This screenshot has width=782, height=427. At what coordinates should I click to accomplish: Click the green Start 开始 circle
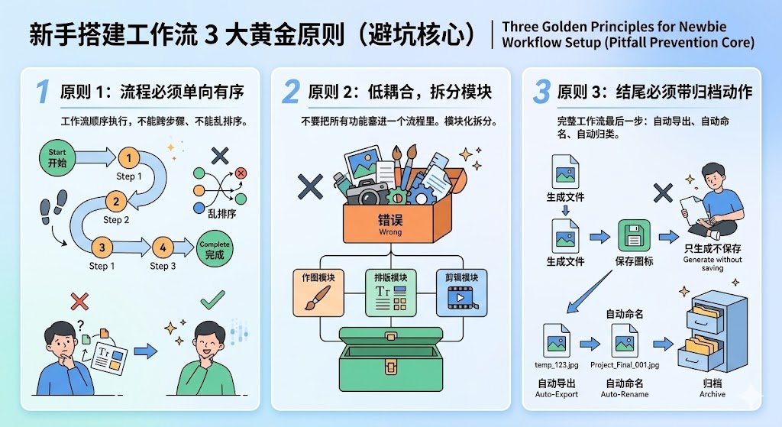[x=57, y=158]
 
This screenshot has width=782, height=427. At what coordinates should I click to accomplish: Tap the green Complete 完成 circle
[x=215, y=249]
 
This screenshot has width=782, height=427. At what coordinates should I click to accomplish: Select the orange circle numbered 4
[x=163, y=247]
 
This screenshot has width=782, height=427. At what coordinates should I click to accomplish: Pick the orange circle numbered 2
[x=116, y=202]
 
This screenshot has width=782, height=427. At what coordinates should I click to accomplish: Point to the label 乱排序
[x=221, y=214]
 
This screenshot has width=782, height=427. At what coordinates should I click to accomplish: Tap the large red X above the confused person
[x=79, y=301]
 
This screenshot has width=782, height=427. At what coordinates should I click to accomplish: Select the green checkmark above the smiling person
[x=212, y=299]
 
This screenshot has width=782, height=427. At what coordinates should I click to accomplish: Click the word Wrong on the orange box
[x=390, y=232]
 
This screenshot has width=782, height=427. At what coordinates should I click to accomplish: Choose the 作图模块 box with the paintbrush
[x=318, y=293]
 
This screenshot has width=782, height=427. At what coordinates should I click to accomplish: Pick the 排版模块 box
[x=390, y=293]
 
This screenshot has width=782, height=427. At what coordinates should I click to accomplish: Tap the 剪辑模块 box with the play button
[x=461, y=293]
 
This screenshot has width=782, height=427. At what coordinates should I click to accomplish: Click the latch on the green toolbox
[x=390, y=367]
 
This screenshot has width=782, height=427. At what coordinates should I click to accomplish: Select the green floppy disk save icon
[x=634, y=235]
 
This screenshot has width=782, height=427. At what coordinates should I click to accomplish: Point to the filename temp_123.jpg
[x=556, y=364]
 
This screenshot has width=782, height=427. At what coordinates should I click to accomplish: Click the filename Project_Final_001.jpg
[x=625, y=364]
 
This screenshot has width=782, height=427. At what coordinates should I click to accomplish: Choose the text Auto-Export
[x=556, y=394]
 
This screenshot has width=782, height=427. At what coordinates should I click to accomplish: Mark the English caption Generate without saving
[x=713, y=264]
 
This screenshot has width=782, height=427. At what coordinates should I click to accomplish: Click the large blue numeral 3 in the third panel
[x=541, y=92]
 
